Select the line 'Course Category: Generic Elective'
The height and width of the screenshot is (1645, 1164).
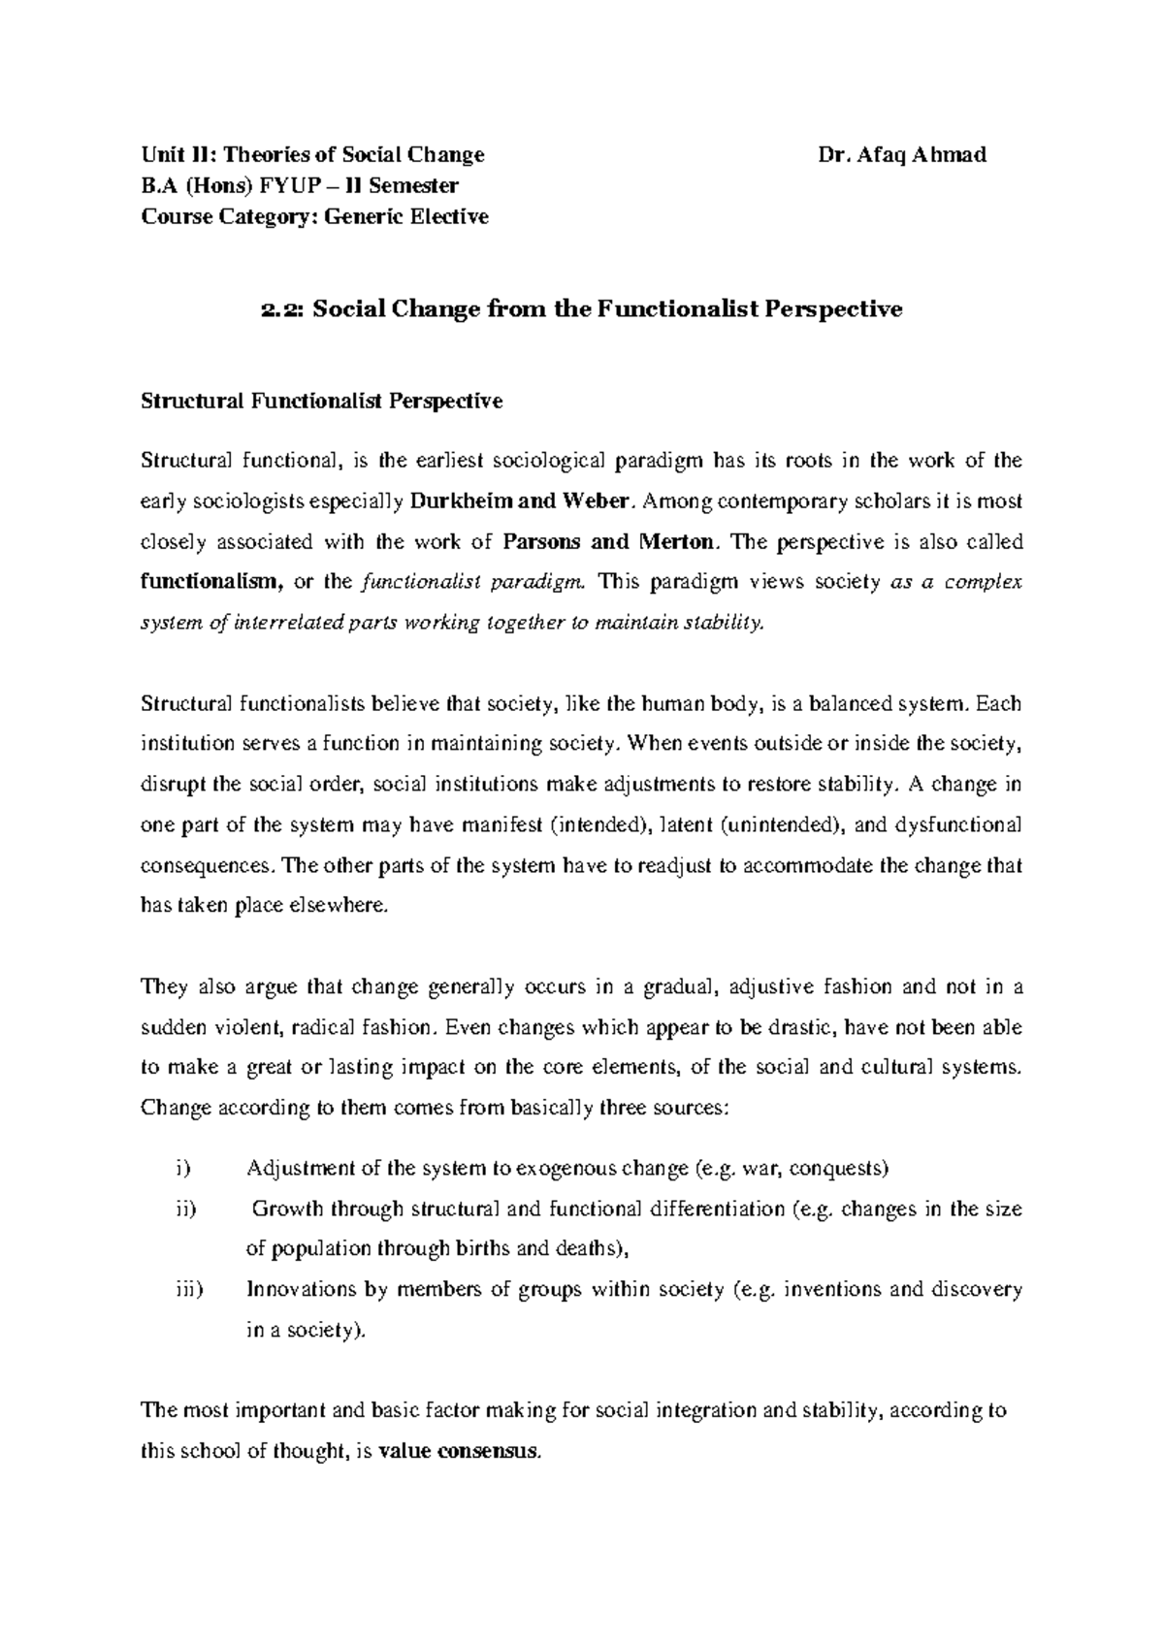(x=315, y=216)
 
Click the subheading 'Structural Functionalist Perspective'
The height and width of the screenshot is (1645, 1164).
(x=322, y=401)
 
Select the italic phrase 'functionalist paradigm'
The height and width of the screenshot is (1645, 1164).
(x=471, y=582)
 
